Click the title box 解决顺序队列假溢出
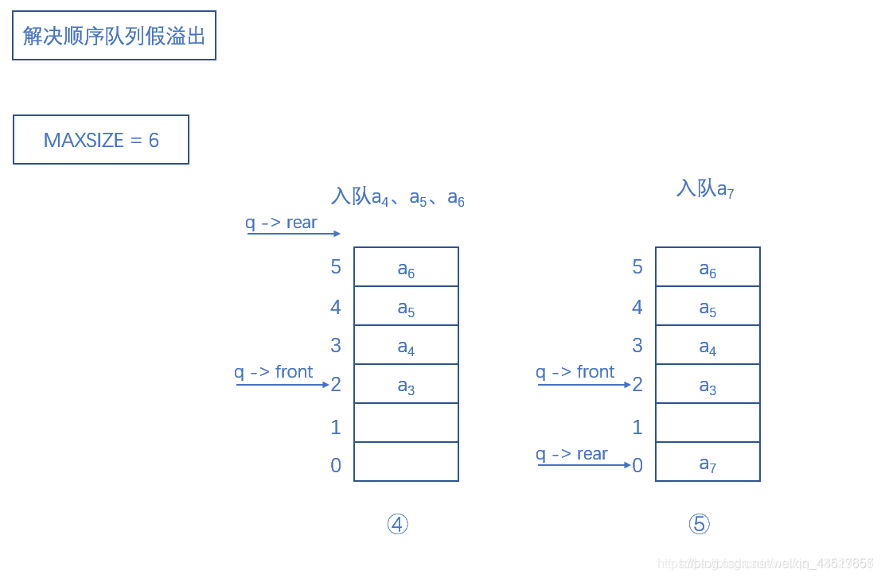pyautogui.click(x=114, y=36)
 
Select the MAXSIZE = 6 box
pyautogui.click(x=101, y=140)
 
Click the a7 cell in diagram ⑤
pyautogui.click(x=708, y=462)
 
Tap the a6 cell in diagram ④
pyautogui.click(x=406, y=267)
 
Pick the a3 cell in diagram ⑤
pyautogui.click(x=708, y=384)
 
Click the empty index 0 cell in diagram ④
pyautogui.click(x=406, y=462)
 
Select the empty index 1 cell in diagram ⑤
pyautogui.click(x=708, y=423)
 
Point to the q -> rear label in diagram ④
pyautogui.click(x=281, y=223)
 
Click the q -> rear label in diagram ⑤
pyautogui.click(x=571, y=454)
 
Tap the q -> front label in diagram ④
pyautogui.click(x=273, y=372)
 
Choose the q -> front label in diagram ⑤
pyautogui.click(x=575, y=372)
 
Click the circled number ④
pyautogui.click(x=397, y=524)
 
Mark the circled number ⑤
pyautogui.click(x=699, y=524)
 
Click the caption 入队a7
pyautogui.click(x=705, y=188)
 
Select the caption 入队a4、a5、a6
pyautogui.click(x=397, y=196)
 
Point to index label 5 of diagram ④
pyautogui.click(x=336, y=267)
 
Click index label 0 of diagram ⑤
pyautogui.click(x=637, y=466)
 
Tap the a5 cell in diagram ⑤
pyautogui.click(x=708, y=306)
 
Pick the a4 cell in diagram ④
pyautogui.click(x=406, y=345)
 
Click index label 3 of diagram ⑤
pyautogui.click(x=637, y=345)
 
